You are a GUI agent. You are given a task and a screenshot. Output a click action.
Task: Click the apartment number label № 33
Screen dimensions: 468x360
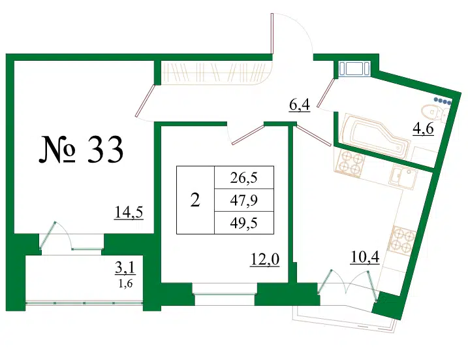[81, 150]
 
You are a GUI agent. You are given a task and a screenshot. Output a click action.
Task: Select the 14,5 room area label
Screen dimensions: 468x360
[129, 213]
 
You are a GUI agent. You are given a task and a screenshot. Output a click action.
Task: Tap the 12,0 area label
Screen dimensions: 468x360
[265, 259]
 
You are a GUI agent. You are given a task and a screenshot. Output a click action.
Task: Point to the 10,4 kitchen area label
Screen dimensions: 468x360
[365, 257]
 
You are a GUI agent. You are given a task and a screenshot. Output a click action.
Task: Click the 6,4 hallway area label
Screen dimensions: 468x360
[300, 105]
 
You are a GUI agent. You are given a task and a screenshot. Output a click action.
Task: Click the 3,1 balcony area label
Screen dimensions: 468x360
[125, 268]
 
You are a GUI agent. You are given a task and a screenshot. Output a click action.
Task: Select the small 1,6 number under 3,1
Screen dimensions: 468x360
[125, 283]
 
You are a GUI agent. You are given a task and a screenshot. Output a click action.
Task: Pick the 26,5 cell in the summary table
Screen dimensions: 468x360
[244, 178]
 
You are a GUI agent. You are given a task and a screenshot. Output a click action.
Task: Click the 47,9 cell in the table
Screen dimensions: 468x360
[244, 200]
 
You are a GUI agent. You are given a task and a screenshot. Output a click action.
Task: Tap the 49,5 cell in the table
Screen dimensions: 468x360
[244, 223]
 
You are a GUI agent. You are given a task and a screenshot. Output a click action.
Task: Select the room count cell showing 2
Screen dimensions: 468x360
[196, 200]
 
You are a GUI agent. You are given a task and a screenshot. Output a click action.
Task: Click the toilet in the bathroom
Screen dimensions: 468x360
[435, 114]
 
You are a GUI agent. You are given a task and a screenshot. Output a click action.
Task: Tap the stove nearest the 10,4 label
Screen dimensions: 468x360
[401, 238]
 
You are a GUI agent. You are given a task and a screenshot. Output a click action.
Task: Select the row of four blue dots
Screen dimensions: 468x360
[443, 101]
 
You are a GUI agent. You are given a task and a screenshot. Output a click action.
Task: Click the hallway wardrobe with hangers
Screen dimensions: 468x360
[214, 72]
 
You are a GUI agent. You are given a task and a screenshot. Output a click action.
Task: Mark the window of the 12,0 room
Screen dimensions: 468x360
[225, 294]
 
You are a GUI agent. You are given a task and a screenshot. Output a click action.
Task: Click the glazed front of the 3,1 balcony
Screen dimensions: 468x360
[84, 303]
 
